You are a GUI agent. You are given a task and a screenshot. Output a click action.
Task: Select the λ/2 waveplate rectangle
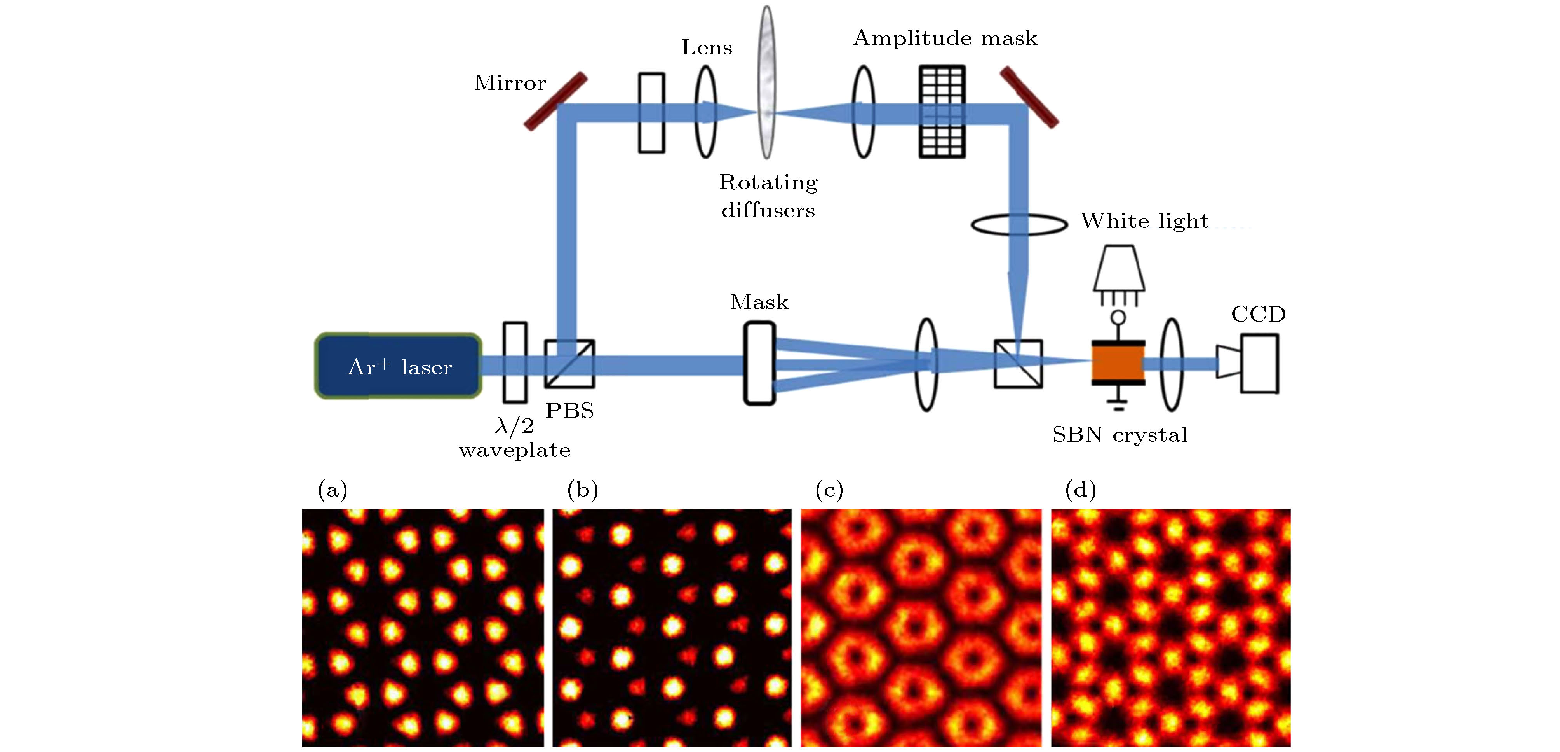[x=515, y=362]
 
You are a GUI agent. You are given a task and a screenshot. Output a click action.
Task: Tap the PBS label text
[x=569, y=411]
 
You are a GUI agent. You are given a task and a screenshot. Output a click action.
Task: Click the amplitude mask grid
[x=942, y=112]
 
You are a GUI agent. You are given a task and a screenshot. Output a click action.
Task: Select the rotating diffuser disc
[x=767, y=82]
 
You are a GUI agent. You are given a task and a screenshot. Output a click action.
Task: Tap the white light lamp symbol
[x=1118, y=269]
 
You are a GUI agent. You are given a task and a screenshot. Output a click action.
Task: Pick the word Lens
[x=706, y=47]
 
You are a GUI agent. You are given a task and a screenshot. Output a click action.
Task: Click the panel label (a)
[x=333, y=490]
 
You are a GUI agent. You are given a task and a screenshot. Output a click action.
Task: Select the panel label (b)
[x=583, y=490]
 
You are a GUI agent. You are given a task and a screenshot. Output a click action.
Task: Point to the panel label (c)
[x=829, y=490]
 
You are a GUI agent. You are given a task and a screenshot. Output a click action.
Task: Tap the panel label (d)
[x=1080, y=490]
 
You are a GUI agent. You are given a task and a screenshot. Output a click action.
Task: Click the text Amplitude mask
[x=945, y=38]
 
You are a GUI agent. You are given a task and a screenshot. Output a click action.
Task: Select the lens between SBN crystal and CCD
[x=1172, y=365]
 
